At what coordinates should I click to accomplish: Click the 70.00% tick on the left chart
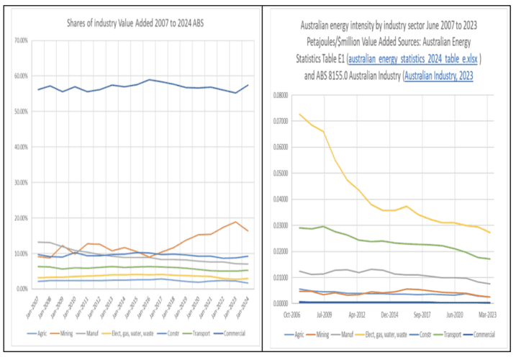point(26,41)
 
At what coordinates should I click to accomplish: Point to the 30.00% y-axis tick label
point(26,182)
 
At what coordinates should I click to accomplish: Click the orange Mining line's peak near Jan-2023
point(235,222)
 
